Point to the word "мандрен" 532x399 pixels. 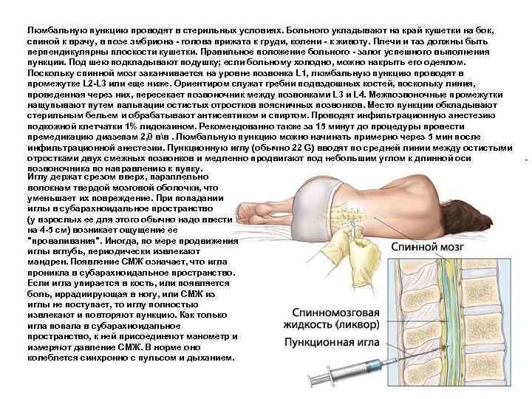coord(49,262)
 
